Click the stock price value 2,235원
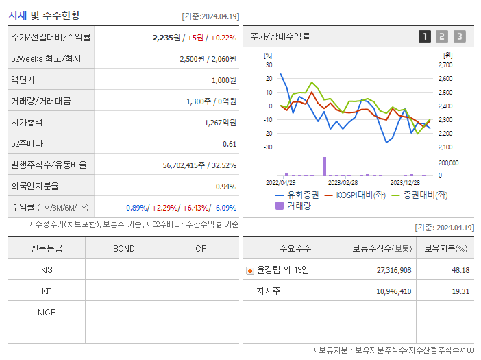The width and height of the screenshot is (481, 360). tap(169, 38)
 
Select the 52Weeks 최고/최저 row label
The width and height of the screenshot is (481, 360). tap(46, 59)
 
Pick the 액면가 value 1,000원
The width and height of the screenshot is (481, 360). tap(223, 80)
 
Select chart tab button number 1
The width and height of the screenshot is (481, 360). tap(425, 36)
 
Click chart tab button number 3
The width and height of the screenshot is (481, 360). tap(459, 36)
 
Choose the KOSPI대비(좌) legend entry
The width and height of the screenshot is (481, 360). tap(359, 195)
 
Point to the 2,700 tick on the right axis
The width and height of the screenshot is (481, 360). tap(445, 65)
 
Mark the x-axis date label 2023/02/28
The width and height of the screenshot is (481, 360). tap(343, 182)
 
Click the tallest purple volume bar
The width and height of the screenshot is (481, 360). tap(325, 166)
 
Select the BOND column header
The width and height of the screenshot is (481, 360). tap(124, 248)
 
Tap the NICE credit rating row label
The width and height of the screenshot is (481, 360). tap(47, 312)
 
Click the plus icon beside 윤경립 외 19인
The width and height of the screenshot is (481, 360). tap(250, 270)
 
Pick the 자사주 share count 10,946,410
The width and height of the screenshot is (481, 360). tap(394, 291)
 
